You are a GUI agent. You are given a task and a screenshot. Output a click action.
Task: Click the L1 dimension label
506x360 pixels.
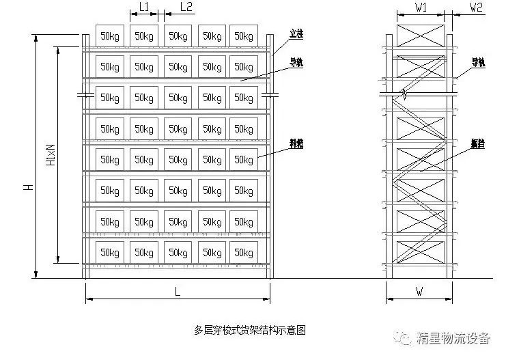pyautogui.click(x=144, y=8)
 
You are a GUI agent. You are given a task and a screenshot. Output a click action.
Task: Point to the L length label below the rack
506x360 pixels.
pyautogui.click(x=178, y=292)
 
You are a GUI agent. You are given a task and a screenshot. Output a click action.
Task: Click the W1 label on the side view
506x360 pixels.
pyautogui.click(x=421, y=8)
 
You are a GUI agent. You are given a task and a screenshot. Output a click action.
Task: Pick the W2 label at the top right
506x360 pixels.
pyautogui.click(x=476, y=8)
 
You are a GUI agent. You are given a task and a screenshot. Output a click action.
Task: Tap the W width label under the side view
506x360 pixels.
pyautogui.click(x=420, y=292)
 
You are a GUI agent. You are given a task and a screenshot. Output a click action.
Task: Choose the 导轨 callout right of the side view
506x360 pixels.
pyautogui.click(x=477, y=62)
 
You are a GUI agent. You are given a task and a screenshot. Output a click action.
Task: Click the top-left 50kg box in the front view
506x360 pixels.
pyautogui.click(x=110, y=35)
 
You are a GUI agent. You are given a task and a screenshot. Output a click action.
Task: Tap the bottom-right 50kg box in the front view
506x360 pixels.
pyautogui.click(x=244, y=253)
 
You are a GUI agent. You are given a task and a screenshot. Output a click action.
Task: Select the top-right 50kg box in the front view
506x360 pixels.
pyautogui.click(x=244, y=35)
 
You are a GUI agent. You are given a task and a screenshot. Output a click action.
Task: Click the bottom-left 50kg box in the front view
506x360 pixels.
pyautogui.click(x=110, y=253)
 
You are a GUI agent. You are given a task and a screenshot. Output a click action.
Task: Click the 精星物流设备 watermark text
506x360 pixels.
pyautogui.click(x=456, y=337)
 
